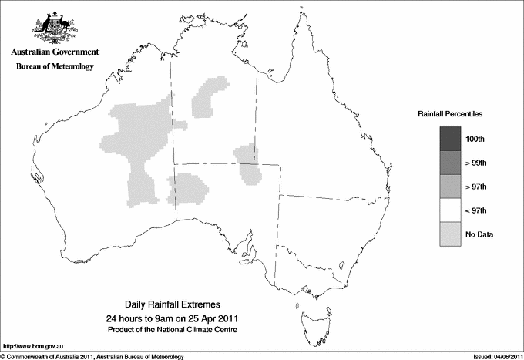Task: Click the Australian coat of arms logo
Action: tap(54, 28)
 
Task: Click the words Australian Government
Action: tap(54, 52)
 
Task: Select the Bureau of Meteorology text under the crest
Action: tap(54, 67)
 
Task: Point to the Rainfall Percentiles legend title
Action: tap(450, 114)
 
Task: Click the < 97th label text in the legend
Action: tap(476, 210)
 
